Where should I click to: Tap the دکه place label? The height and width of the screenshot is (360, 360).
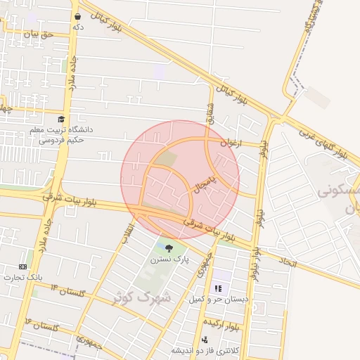click(x=78, y=27)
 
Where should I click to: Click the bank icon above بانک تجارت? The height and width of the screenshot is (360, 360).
click(x=22, y=266)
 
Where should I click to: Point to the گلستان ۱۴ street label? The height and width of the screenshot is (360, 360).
click(x=42, y=326)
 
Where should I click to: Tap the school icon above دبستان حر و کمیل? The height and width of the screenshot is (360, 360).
click(x=218, y=288)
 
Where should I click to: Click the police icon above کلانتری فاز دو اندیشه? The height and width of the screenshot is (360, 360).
click(x=205, y=340)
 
